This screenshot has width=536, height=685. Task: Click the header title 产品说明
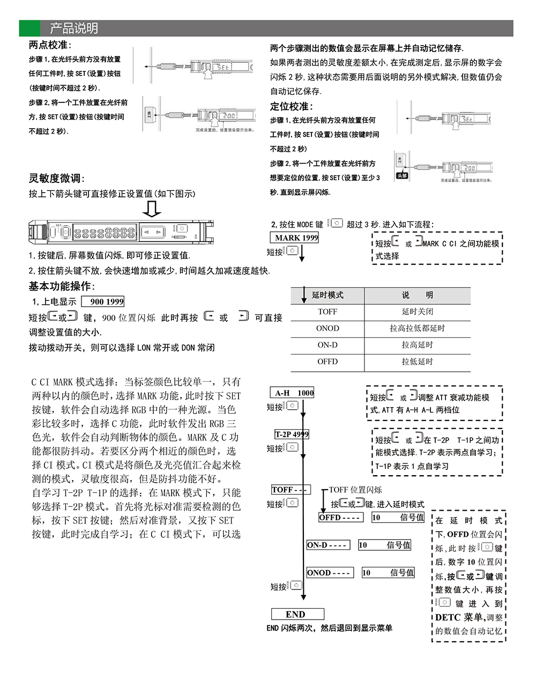(74, 28)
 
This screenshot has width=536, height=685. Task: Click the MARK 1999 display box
(294, 238)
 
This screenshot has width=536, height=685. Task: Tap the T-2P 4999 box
(292, 434)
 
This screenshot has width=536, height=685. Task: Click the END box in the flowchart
(297, 614)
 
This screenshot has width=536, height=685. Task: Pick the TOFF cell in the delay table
(327, 312)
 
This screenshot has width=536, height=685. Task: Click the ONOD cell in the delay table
(327, 328)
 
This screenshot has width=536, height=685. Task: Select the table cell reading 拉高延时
(417, 345)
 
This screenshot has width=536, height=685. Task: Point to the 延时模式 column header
(327, 295)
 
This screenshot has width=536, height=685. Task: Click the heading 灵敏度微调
(56, 178)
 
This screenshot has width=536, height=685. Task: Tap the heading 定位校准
(291, 106)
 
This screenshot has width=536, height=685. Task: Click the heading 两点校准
(50, 45)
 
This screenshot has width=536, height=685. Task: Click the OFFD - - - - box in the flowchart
(341, 518)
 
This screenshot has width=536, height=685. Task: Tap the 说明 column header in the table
(417, 295)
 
